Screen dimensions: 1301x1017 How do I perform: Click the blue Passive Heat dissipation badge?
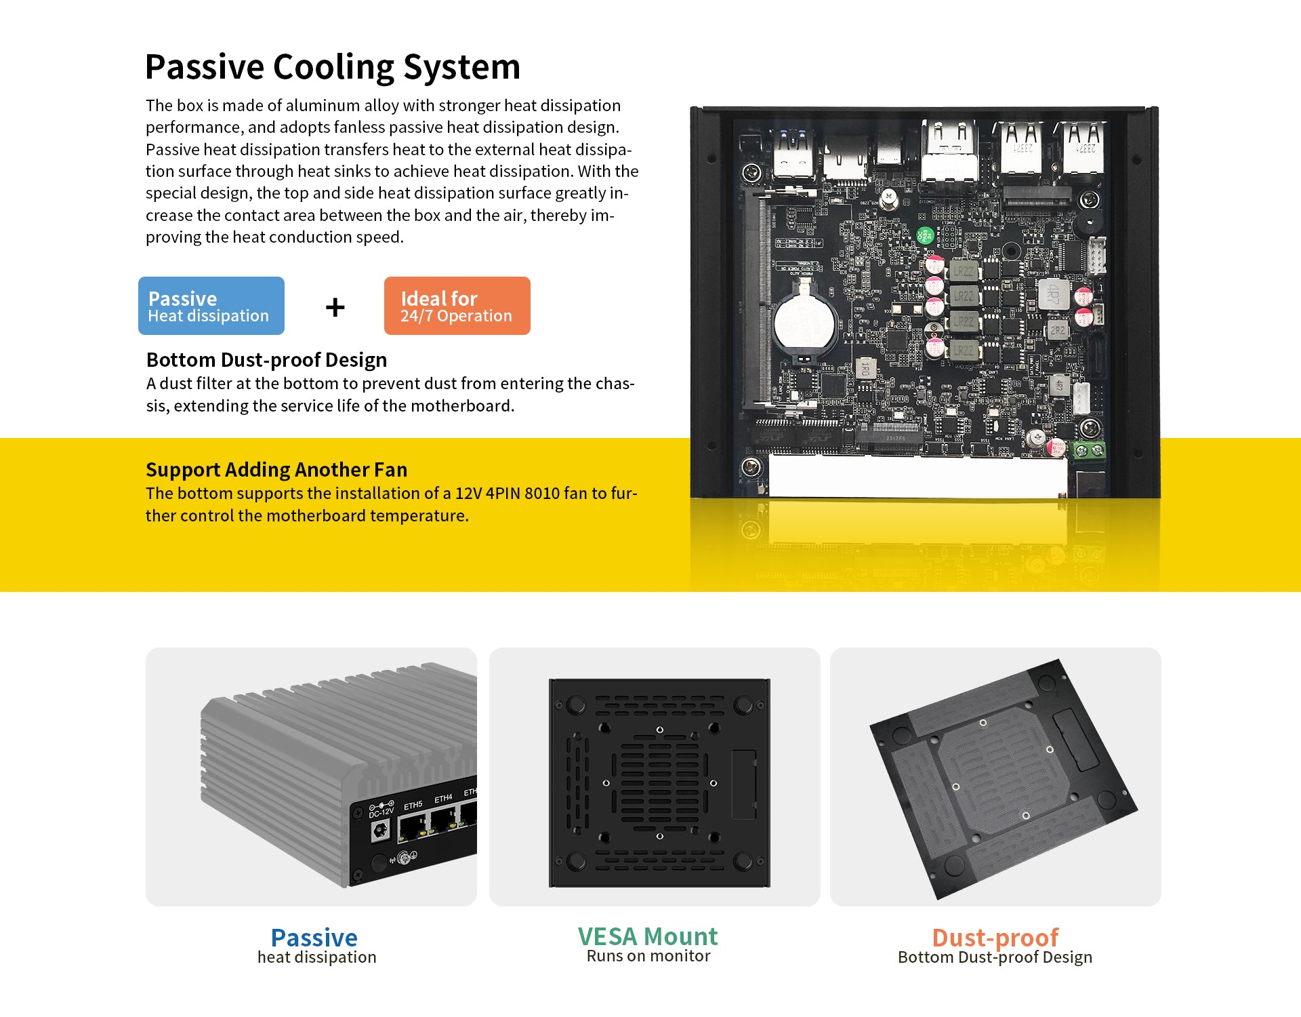(211, 306)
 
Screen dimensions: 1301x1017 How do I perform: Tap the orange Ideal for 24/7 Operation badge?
(457, 306)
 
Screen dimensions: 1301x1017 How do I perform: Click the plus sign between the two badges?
(335, 308)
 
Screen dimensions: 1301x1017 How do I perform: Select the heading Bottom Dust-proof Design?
(267, 360)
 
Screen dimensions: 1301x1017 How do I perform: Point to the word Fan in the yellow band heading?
(391, 470)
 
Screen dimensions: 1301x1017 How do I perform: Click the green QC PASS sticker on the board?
(925, 235)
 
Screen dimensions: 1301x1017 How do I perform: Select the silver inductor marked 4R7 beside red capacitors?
(1054, 294)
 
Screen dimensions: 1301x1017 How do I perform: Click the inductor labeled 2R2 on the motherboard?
(1057, 330)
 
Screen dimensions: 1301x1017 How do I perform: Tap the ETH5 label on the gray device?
(413, 805)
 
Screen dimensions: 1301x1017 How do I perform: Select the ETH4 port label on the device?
(443, 799)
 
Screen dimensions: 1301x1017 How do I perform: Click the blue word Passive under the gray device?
(314, 938)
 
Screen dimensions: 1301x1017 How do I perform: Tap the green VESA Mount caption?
(648, 936)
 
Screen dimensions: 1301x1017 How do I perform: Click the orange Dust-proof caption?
(995, 938)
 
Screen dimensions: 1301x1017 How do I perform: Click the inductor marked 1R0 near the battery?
(865, 369)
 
